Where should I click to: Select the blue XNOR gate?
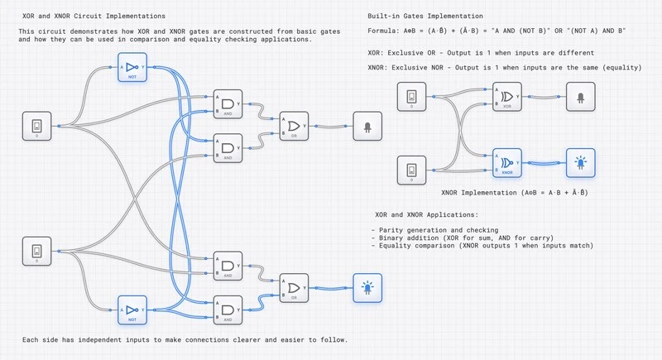click(x=506, y=162)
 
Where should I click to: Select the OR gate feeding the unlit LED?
click(x=293, y=127)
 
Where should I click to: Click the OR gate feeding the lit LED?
click(x=293, y=286)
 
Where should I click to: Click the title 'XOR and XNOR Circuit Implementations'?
click(x=94, y=17)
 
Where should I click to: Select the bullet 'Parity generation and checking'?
click(x=439, y=229)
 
